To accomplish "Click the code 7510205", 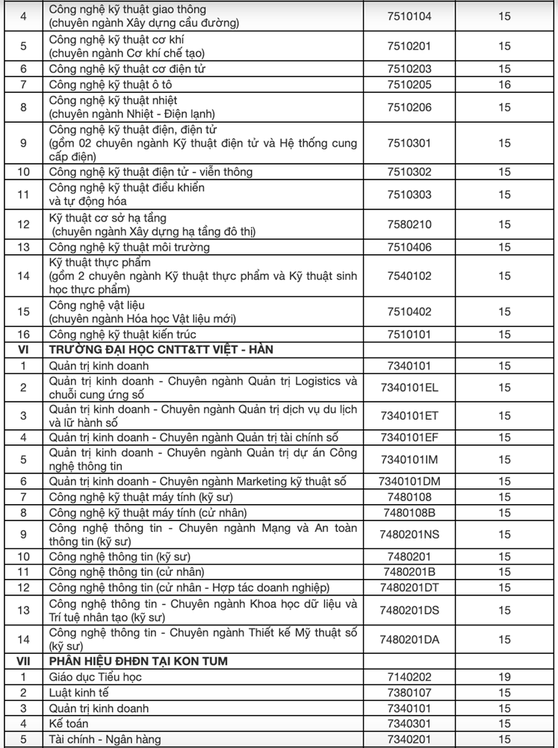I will [x=409, y=85].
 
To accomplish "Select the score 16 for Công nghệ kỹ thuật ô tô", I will [x=505, y=85].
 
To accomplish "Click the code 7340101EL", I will [x=409, y=387].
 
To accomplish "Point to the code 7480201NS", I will [x=409, y=534].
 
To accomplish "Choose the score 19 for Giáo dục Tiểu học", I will [x=505, y=677].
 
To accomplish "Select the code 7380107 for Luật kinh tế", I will [x=409, y=693].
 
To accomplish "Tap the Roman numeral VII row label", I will [x=23, y=661].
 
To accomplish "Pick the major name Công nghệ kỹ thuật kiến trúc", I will [x=123, y=334].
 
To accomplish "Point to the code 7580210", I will [x=409, y=224].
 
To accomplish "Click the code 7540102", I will [x=409, y=276].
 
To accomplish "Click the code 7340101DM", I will [x=409, y=482].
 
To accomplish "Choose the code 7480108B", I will [x=409, y=513].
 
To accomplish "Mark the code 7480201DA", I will [x=409, y=640].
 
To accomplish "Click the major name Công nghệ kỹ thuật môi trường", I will [x=129, y=247].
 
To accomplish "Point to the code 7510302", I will [x=409, y=172].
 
